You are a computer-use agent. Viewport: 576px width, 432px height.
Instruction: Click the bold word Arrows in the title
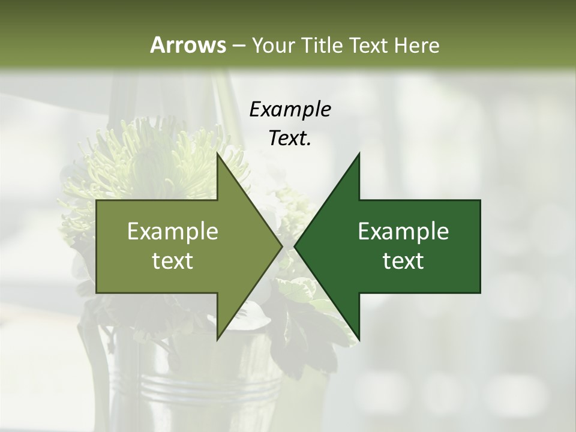pos(187,45)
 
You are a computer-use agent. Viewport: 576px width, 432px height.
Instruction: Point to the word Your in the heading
pos(272,46)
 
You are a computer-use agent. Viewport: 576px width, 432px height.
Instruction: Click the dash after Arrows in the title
pos(238,46)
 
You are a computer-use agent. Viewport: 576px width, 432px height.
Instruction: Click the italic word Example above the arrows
pos(290,110)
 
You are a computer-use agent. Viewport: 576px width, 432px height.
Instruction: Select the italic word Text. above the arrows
pos(290,139)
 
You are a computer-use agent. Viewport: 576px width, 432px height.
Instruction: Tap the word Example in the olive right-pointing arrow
pos(173,232)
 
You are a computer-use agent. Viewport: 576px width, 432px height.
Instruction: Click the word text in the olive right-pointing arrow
pos(173,261)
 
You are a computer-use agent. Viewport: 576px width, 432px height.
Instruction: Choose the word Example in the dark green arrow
pos(403,232)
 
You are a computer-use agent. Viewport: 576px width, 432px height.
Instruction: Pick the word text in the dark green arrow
pos(403,261)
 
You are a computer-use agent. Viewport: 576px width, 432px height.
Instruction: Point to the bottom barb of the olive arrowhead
pos(219,337)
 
